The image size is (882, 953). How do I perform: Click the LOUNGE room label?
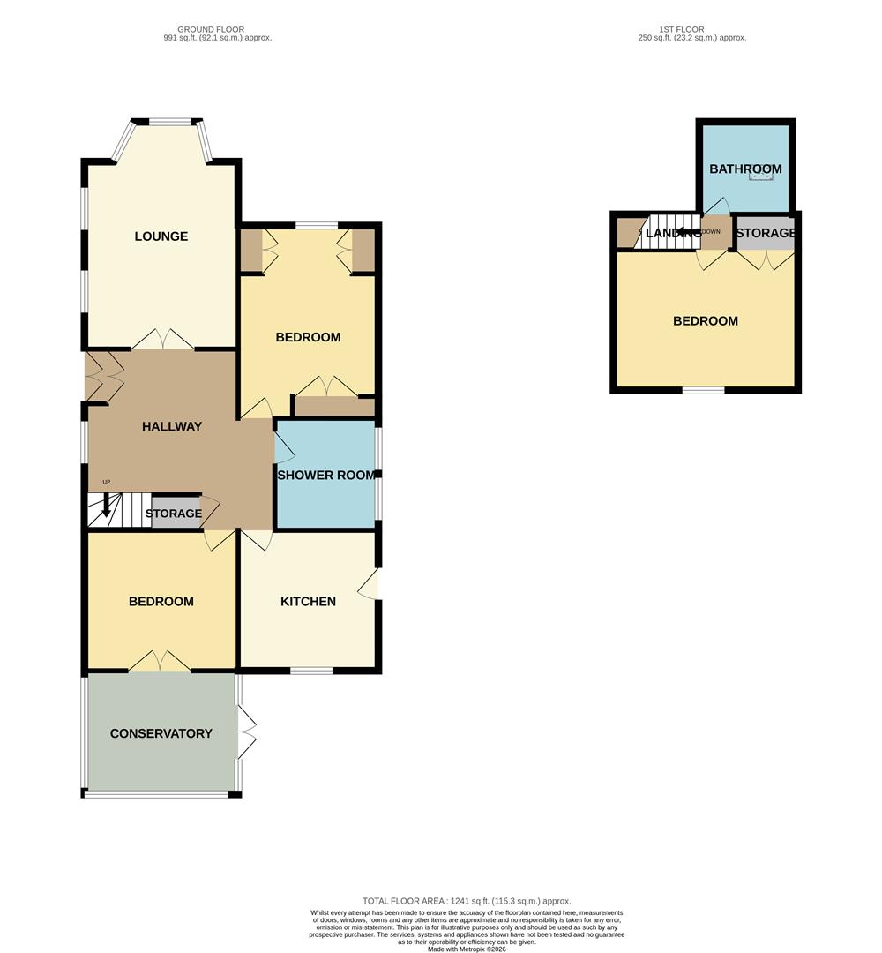(161, 236)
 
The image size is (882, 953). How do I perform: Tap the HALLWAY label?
(172, 427)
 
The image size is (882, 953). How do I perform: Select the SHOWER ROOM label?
(327, 476)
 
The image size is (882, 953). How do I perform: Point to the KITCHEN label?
(308, 602)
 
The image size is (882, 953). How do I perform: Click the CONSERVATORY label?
(161, 734)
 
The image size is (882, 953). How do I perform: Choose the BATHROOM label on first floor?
(745, 169)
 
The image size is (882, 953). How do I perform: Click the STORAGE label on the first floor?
(766, 233)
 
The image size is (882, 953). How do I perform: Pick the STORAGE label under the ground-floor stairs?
(174, 514)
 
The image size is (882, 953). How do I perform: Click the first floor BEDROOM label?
(706, 321)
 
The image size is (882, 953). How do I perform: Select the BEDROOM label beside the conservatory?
(161, 602)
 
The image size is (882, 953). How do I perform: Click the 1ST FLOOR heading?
(682, 29)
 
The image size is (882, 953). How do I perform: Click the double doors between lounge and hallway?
(163, 341)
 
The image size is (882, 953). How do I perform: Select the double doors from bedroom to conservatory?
(161, 662)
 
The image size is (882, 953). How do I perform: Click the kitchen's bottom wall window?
(311, 671)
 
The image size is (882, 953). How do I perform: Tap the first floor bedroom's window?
(703, 389)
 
